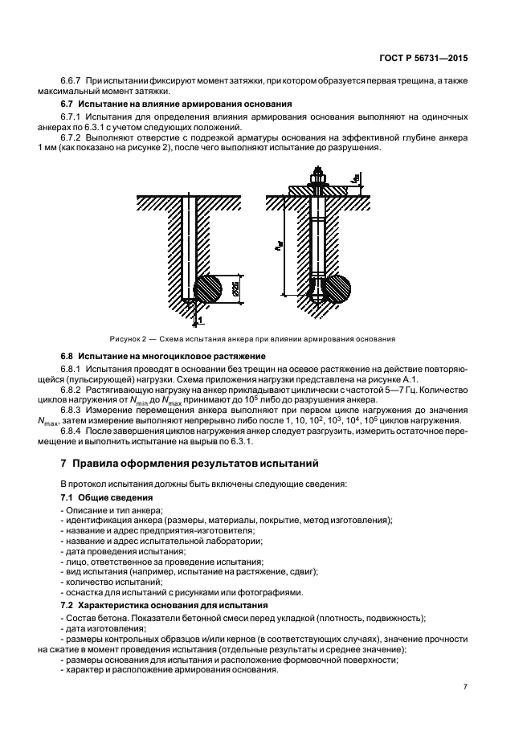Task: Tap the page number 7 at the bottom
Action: click(x=466, y=687)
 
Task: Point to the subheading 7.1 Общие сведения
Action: click(x=95, y=498)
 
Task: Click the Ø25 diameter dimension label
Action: click(x=233, y=289)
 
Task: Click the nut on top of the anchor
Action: click(x=319, y=182)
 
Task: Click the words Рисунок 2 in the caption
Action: click(x=128, y=339)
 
